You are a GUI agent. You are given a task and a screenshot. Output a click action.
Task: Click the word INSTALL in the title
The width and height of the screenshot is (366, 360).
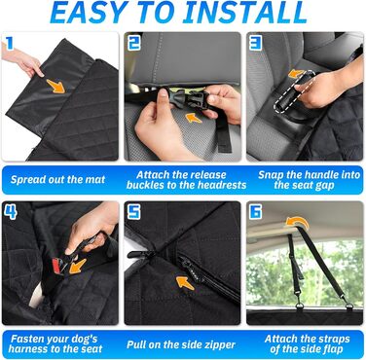click(x=247, y=13)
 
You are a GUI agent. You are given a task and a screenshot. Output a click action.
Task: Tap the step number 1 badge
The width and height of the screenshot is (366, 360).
click(x=9, y=43)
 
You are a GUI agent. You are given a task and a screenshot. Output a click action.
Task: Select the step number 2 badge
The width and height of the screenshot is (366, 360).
click(x=133, y=43)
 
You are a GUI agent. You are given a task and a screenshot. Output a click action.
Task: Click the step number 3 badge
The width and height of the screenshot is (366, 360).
click(x=255, y=43)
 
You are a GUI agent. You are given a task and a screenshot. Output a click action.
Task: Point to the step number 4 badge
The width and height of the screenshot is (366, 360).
click(x=10, y=212)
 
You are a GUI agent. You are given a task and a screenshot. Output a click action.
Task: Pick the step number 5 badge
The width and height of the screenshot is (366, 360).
click(x=133, y=212)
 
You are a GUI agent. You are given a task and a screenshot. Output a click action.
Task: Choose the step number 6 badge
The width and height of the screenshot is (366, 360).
click(x=256, y=212)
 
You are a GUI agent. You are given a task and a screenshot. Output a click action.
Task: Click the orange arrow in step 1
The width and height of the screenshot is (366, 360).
click(x=55, y=87)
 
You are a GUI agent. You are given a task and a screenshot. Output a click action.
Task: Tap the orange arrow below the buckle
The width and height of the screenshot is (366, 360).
click(x=194, y=118)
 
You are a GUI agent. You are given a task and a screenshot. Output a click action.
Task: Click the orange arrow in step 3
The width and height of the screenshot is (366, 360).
click(x=296, y=74)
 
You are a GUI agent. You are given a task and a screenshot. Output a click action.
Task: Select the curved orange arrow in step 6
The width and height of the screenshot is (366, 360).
click(x=297, y=223)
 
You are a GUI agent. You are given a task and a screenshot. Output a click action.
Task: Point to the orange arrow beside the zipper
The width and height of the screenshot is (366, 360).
click(x=185, y=283)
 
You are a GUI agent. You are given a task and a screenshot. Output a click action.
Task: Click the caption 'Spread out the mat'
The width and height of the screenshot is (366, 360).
click(x=57, y=180)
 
